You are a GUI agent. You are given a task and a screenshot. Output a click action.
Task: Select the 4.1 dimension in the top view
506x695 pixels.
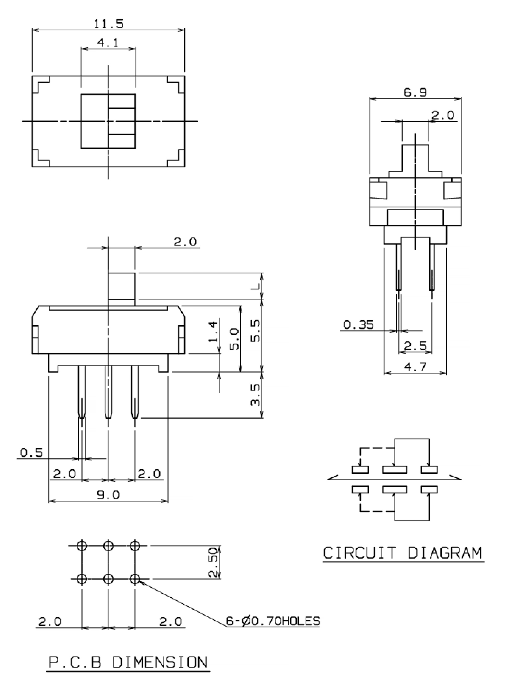108,43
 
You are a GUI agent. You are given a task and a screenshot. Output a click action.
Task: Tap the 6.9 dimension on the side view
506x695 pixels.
415,92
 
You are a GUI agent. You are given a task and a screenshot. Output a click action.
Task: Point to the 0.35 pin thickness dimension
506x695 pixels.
358,324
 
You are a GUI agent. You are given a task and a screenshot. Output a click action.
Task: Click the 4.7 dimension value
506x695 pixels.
415,367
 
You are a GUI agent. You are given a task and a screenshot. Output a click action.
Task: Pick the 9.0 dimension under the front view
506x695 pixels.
108,494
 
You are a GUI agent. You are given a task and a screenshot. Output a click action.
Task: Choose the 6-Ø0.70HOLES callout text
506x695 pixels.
273,621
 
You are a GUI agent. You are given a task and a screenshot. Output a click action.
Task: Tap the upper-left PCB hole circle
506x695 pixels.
82,546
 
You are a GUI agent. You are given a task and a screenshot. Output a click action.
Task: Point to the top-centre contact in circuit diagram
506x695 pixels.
395,470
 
